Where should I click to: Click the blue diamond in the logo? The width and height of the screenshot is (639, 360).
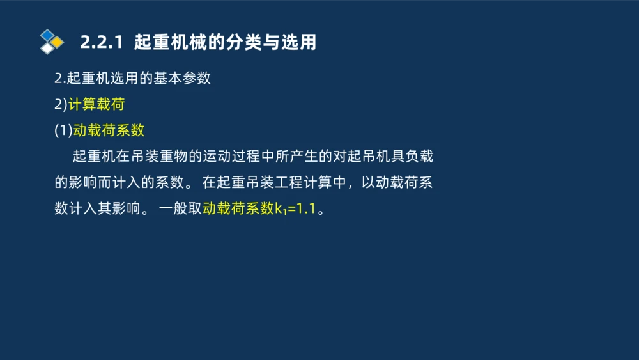48,35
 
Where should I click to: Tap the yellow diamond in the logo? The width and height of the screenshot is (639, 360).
57,42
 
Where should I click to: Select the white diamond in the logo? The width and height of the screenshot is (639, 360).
47,48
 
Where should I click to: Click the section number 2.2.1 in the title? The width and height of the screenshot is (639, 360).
101,43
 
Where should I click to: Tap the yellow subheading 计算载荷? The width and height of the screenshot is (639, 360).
96,105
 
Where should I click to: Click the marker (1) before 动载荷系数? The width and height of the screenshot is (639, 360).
63,130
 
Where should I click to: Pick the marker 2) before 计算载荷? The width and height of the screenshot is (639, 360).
61,105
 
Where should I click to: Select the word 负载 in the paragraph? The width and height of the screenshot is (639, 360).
419,157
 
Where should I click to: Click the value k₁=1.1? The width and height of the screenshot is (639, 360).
296,208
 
